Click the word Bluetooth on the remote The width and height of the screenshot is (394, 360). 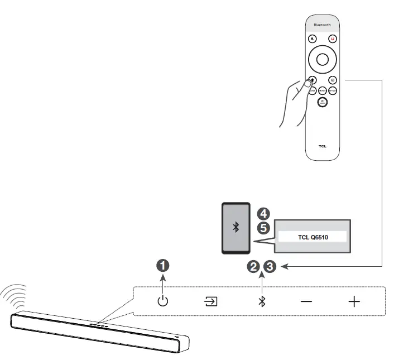click(x=321, y=25)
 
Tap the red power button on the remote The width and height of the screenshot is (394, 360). click(x=332, y=39)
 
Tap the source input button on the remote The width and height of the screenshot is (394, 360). click(x=332, y=80)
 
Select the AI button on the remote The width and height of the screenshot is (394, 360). click(x=322, y=101)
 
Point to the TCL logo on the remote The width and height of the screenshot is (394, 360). click(x=322, y=147)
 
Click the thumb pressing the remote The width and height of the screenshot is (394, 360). click(x=304, y=85)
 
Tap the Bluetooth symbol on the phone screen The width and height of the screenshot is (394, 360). click(x=236, y=227)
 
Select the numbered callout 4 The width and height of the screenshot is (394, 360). click(x=263, y=214)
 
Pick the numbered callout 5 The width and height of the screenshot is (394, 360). click(x=263, y=228)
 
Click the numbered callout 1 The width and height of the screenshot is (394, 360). click(x=162, y=266)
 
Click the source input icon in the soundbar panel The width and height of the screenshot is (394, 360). click(x=210, y=302)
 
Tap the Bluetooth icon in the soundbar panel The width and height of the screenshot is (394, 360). click(x=261, y=302)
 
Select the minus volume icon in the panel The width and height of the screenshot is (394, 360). click(x=306, y=302)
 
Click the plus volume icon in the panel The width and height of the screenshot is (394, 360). click(x=354, y=302)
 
